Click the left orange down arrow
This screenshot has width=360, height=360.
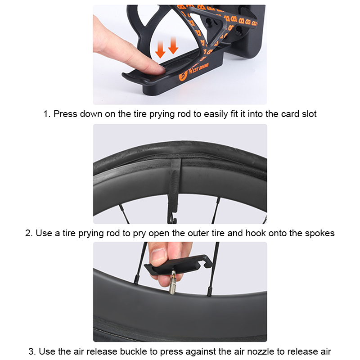[x=160, y=49]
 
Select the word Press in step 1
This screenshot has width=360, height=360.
[x=65, y=114]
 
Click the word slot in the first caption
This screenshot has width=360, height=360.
[x=309, y=114]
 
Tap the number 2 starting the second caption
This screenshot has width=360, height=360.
[x=29, y=233]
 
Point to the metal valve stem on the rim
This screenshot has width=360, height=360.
[x=173, y=283]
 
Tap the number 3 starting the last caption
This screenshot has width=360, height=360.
[x=31, y=351]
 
